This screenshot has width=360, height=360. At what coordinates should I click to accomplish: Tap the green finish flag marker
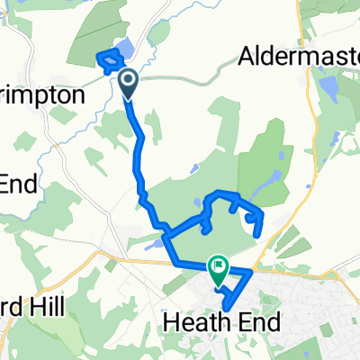point(218,266)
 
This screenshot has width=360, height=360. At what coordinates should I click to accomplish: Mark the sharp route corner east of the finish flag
point(254,268)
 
